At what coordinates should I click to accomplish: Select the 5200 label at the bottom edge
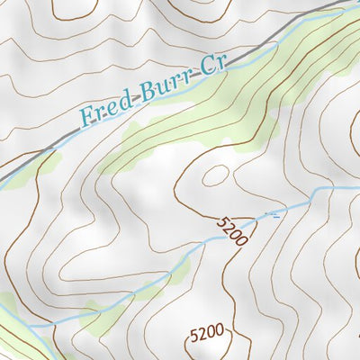point(206,333)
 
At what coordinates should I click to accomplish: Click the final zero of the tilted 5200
point(244,238)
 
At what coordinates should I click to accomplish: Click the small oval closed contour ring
point(216,175)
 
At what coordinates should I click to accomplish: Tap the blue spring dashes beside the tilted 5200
point(271,214)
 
